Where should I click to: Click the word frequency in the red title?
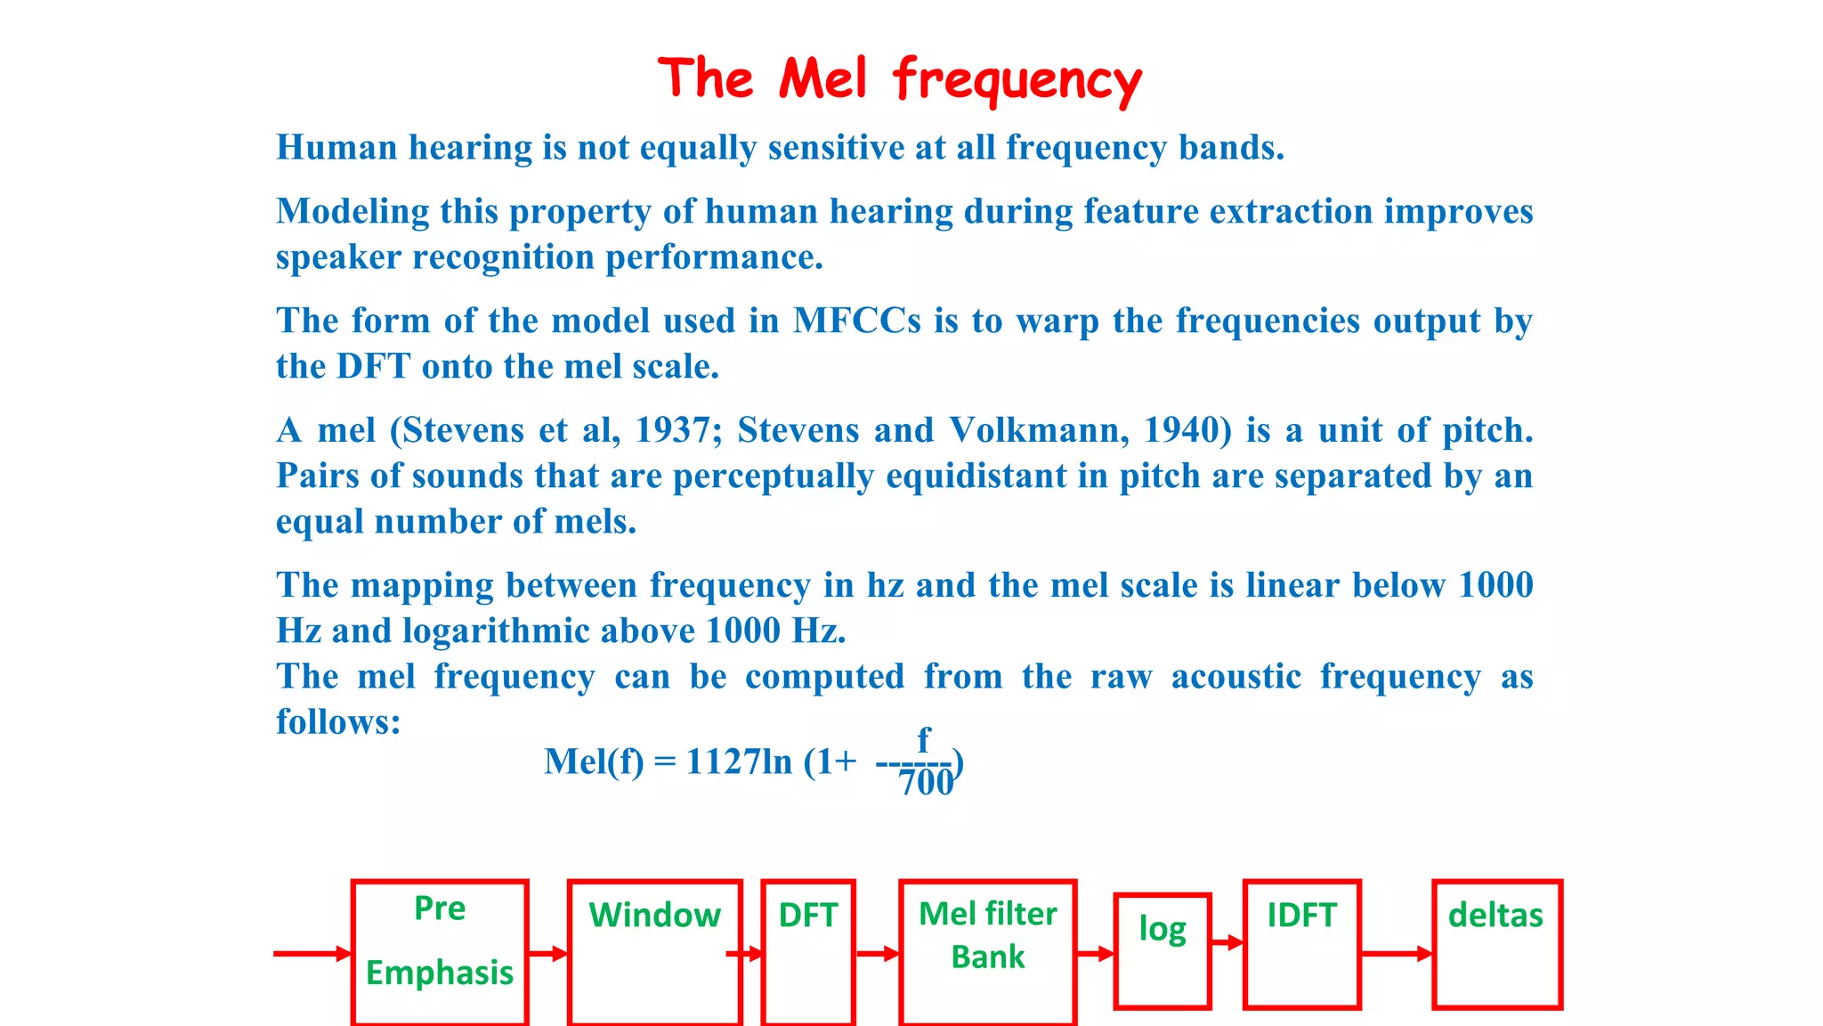[1017, 80]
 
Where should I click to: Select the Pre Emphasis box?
[440, 951]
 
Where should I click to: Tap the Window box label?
[654, 916]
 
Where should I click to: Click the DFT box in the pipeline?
[808, 951]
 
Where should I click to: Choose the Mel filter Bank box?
[987, 951]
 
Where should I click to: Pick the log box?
[1163, 949]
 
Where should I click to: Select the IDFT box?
[1301, 944]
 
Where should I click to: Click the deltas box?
[1496, 944]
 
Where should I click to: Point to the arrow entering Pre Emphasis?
[312, 954]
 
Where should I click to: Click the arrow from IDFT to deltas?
[1397, 954]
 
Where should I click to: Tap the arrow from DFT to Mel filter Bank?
[878, 954]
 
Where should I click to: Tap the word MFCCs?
[856, 321]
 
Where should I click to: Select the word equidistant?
[976, 476]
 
